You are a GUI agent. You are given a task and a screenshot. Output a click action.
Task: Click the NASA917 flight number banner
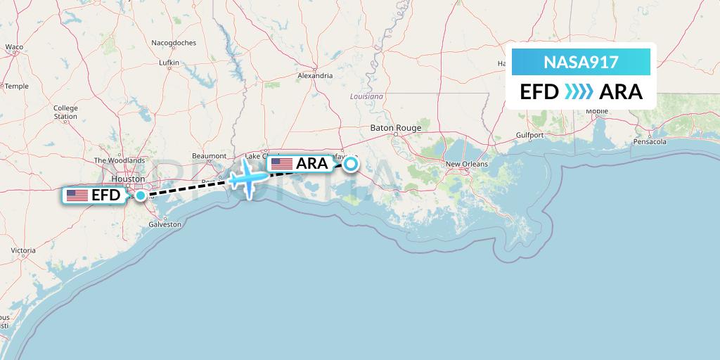tap(581, 63)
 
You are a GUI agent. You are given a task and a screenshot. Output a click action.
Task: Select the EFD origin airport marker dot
tap(141, 195)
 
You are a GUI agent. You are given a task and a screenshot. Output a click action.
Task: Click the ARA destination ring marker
tap(350, 165)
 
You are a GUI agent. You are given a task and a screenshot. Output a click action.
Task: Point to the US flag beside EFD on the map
tap(77, 195)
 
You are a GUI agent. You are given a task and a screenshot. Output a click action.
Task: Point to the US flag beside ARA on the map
tap(281, 164)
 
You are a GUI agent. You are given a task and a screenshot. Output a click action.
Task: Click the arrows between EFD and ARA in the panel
tap(579, 92)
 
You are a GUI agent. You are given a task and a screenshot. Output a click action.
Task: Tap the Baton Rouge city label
tap(395, 128)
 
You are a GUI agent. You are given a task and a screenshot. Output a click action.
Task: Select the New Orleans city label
tap(466, 164)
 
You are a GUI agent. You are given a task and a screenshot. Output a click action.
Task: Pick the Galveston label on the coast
tap(165, 224)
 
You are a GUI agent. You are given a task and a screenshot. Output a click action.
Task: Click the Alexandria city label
tap(315, 75)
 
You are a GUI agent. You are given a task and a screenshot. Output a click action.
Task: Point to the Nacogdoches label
tap(173, 43)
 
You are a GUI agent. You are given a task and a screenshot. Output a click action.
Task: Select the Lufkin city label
tap(169, 63)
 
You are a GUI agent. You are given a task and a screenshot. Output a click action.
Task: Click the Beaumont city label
tap(209, 156)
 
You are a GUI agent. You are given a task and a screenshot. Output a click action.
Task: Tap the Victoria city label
tap(23, 250)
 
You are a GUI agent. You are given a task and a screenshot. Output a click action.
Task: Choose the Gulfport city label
tap(529, 134)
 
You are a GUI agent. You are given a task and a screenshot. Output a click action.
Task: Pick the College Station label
tap(65, 112)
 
